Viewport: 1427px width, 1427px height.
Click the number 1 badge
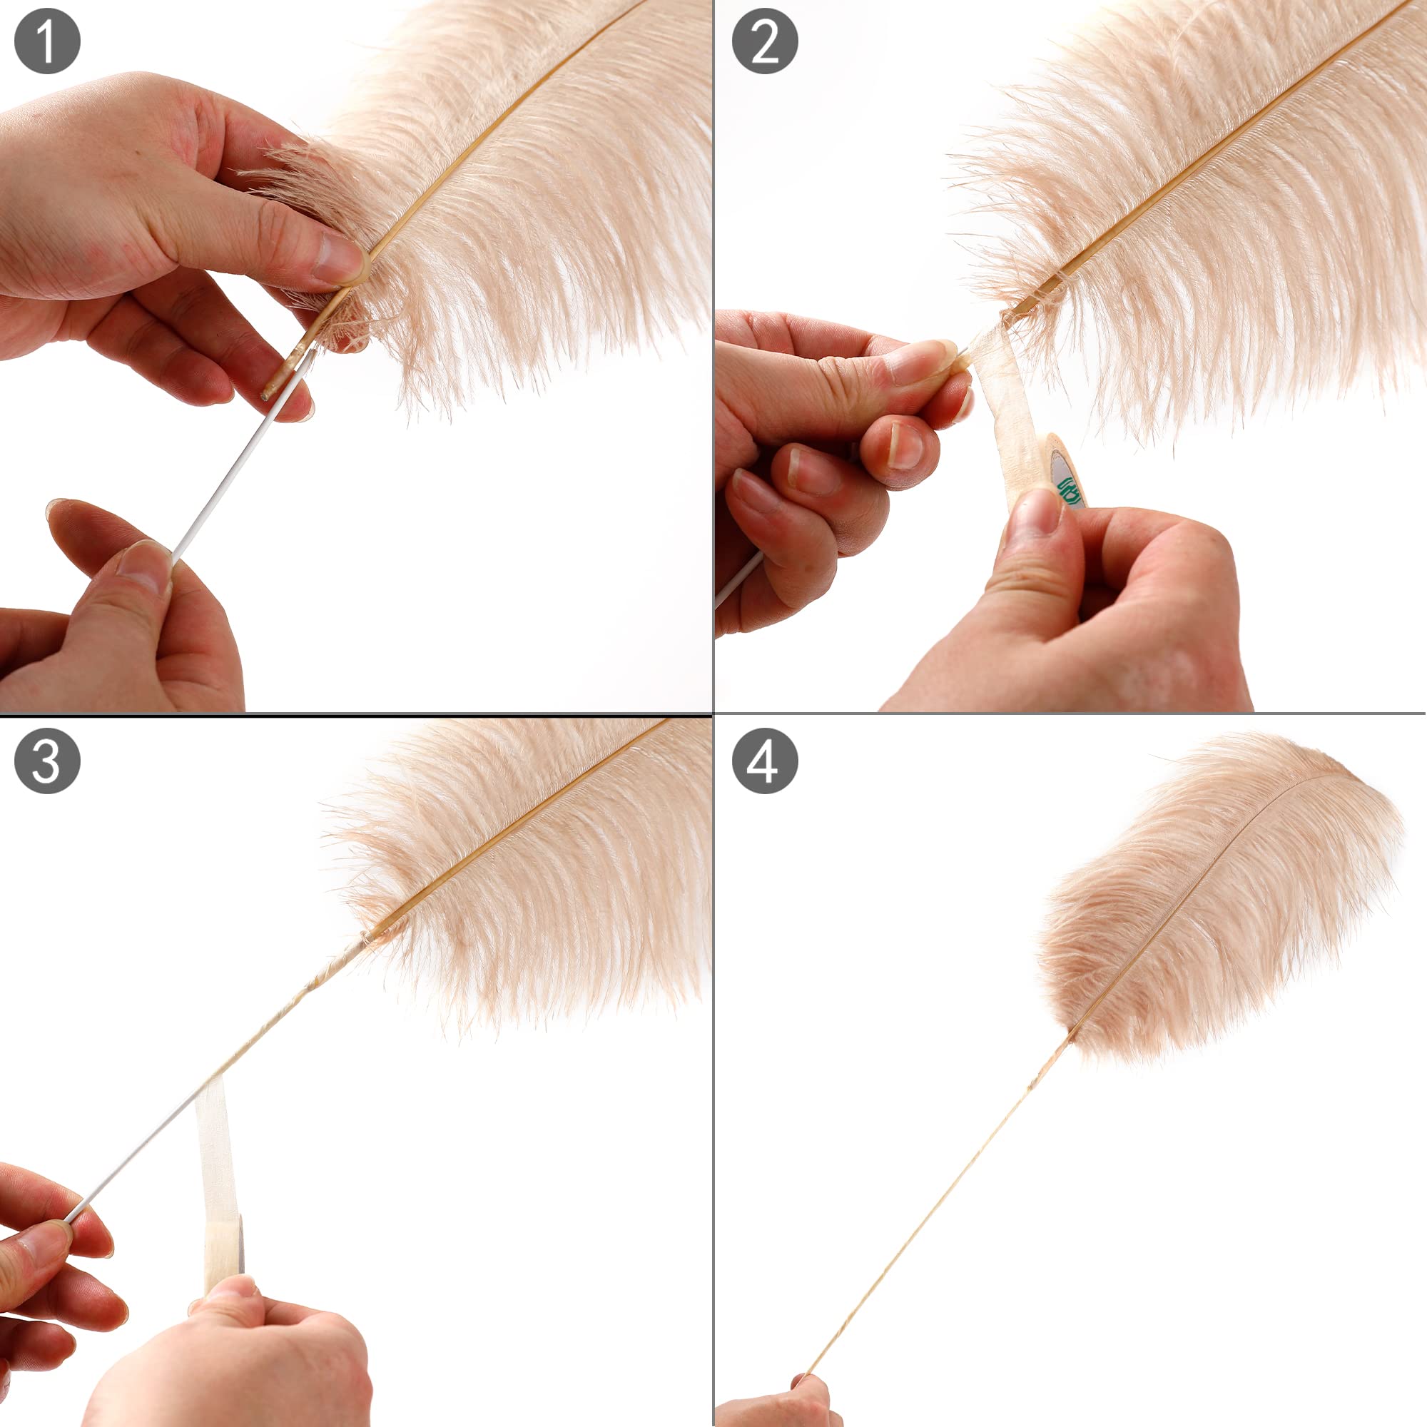pyautogui.click(x=46, y=41)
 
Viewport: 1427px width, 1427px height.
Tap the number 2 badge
pyautogui.click(x=764, y=41)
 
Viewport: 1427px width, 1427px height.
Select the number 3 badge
pyautogui.click(x=46, y=761)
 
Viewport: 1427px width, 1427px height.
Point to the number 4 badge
pyautogui.click(x=764, y=761)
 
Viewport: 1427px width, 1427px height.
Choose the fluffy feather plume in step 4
pyautogui.click(x=1219, y=898)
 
